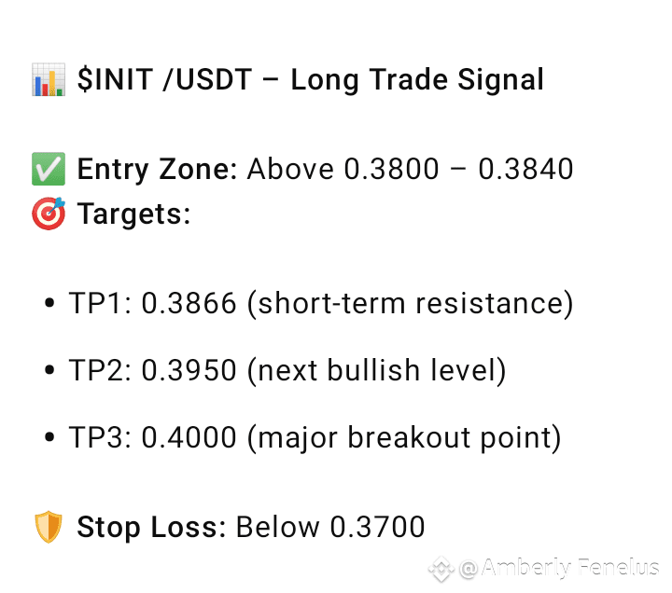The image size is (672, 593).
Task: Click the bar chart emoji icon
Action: pos(49,79)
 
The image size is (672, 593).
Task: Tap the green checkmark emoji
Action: pos(49,169)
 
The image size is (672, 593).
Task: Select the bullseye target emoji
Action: pos(49,214)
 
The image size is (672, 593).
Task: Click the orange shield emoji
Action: pos(49,527)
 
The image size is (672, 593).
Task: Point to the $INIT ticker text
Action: pos(116,79)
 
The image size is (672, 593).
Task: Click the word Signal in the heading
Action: pos(500,80)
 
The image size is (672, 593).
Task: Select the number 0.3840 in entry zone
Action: pos(525,169)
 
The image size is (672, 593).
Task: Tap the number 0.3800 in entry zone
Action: pos(392,169)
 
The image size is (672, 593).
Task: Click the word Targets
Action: pos(133,214)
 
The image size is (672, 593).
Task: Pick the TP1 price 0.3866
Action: pos(189,303)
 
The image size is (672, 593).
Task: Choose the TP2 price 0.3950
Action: pos(189,370)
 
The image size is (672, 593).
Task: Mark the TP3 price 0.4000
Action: pos(189,437)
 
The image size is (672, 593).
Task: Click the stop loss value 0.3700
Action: pos(378,527)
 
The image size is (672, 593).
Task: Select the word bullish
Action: pos(373,369)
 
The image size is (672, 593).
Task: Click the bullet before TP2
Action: pos(49,370)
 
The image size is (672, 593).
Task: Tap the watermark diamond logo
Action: pos(441,569)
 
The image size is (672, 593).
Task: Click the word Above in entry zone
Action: pos(290,169)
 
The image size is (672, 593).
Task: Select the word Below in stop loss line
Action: pos(278,527)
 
